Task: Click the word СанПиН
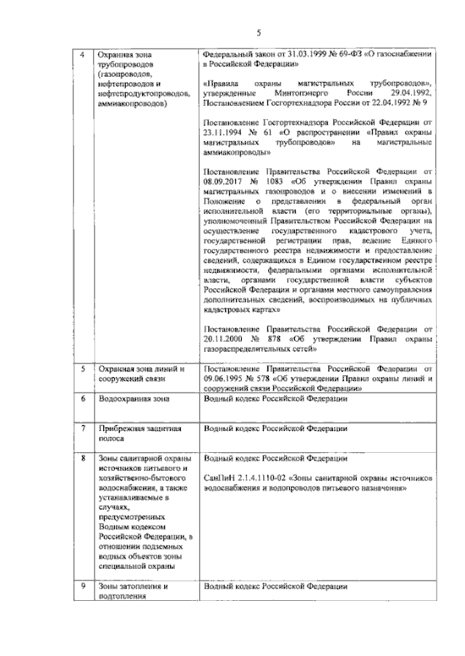(x=219, y=479)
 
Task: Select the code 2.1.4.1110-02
(x=267, y=479)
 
